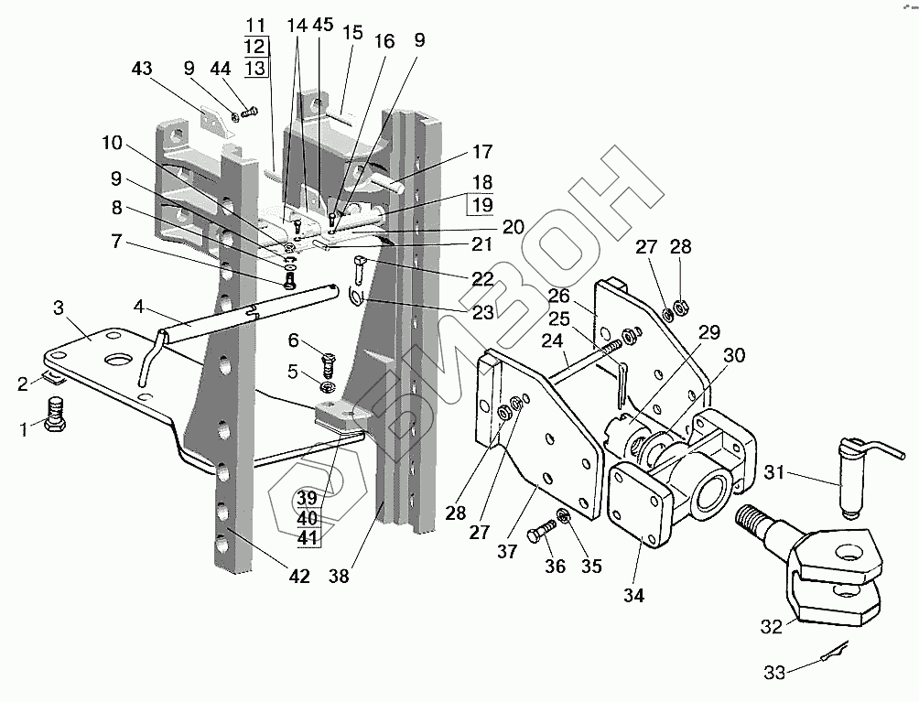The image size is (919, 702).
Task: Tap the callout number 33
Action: point(774,674)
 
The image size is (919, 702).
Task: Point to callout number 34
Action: point(633,595)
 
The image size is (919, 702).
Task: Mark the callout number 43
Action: point(142,69)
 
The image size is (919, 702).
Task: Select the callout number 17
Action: point(482,152)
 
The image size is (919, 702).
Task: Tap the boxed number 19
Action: point(482,204)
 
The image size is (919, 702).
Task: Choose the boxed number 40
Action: point(308,517)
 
